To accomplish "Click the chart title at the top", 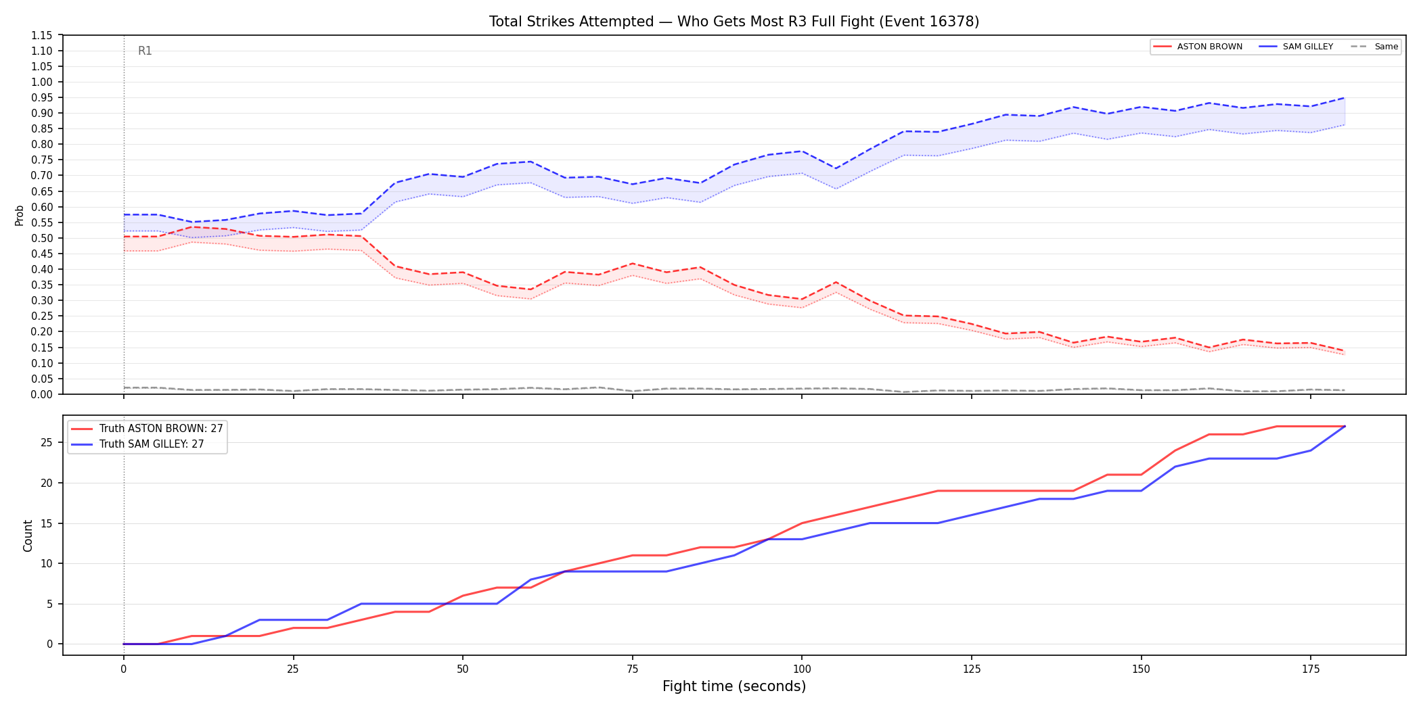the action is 734,22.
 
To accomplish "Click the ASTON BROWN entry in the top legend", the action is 1198,47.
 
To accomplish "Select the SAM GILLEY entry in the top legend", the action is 1296,47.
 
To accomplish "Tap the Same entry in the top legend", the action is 1374,47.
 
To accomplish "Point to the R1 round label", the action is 145,51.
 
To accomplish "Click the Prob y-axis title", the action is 20,215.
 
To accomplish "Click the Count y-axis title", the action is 28,536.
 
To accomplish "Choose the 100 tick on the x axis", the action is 802,669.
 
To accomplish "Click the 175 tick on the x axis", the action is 1311,669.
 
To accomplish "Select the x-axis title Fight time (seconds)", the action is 734,686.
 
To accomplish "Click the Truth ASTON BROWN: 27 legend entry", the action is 147,429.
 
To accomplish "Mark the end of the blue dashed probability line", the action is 1345,97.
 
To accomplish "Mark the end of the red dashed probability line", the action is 1345,351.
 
